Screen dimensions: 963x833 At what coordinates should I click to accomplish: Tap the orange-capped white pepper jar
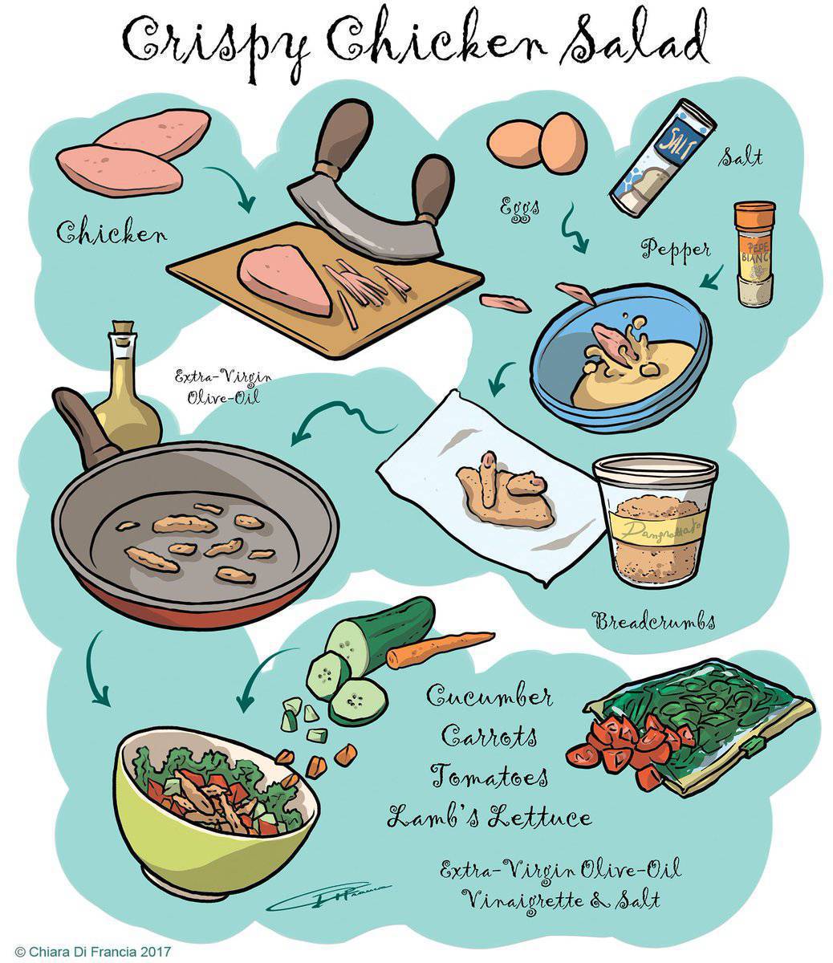point(755,254)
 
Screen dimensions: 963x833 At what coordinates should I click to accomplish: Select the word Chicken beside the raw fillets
point(112,234)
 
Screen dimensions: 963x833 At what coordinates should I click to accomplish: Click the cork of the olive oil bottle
point(122,331)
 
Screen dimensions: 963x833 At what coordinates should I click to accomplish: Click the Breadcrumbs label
point(653,620)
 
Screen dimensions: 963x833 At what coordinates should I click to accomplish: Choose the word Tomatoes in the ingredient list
point(490,777)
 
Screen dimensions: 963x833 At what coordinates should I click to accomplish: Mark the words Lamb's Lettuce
point(490,818)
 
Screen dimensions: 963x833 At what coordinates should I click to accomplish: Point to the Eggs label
point(517,207)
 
